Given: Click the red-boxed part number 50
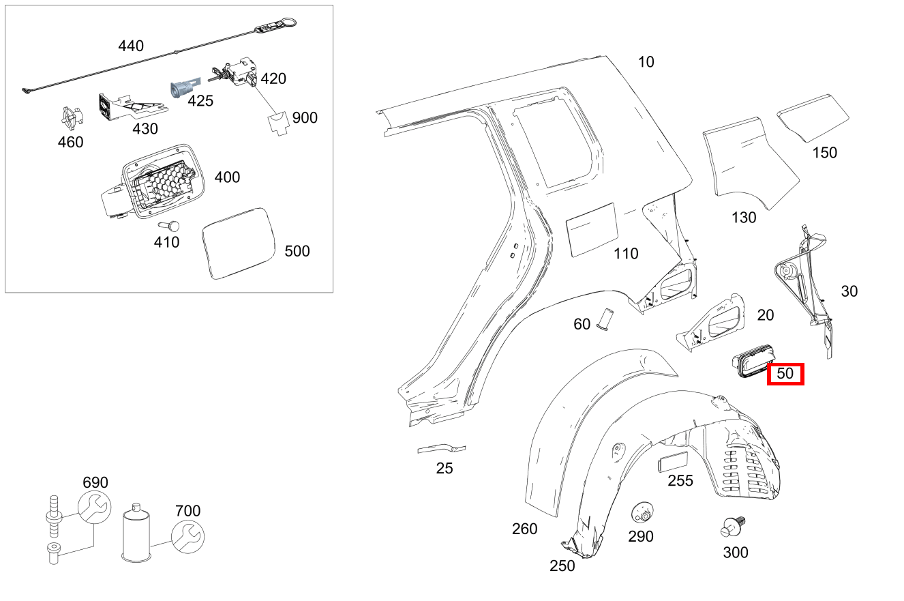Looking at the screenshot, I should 785,374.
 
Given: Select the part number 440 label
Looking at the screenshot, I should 131,46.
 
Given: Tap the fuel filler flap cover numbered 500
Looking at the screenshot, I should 237,243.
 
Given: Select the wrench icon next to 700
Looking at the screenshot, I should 187,536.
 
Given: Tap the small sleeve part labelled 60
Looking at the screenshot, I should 604,319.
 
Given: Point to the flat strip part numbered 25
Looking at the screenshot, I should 442,449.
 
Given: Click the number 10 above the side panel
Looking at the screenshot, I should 646,62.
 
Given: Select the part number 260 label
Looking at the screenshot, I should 524,529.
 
